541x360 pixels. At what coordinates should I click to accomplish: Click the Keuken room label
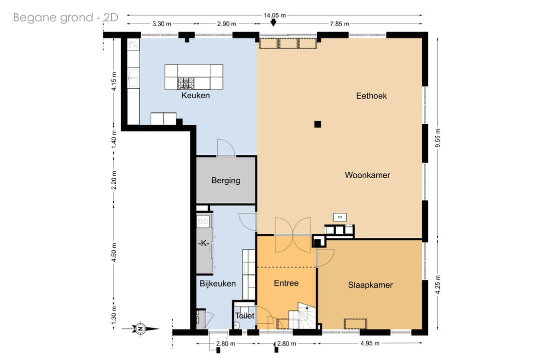195,95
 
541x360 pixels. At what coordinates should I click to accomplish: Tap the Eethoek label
371,96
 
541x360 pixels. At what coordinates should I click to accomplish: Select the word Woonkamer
368,175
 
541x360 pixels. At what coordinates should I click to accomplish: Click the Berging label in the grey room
225,180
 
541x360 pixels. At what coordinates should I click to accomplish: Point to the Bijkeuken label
218,283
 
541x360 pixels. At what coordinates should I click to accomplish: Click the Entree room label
286,283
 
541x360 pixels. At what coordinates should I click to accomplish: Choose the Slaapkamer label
370,285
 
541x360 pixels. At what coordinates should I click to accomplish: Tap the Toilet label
244,315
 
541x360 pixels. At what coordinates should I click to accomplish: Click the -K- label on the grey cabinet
204,243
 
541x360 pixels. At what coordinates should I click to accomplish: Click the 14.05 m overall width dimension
275,15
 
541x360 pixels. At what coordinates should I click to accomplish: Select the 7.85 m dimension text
340,24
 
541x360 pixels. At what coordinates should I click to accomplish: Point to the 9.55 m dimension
438,138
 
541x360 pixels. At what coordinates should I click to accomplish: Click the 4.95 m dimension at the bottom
370,343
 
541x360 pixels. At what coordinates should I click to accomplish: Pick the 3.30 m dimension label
162,24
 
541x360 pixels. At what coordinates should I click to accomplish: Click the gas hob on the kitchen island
186,83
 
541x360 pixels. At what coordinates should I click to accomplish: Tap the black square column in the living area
318,124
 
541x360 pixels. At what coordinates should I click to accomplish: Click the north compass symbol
140,328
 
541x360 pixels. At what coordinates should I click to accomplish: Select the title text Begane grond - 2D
66,17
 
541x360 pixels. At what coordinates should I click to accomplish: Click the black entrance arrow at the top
274,23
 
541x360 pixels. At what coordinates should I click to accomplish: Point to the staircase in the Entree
302,316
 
